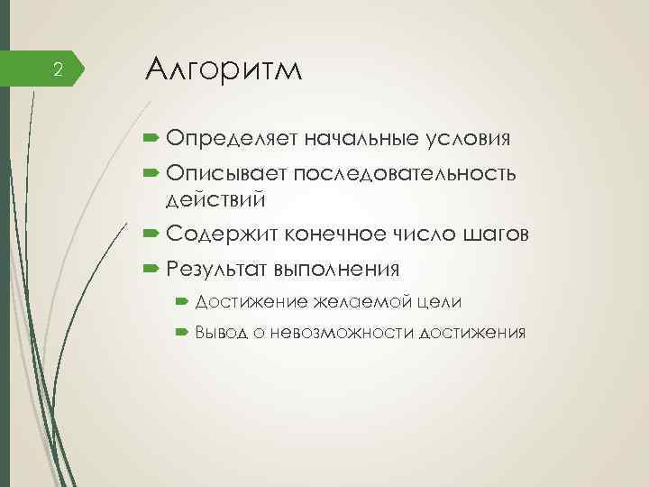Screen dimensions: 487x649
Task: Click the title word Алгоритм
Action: tap(224, 69)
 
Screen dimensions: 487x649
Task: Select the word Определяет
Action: tap(231, 140)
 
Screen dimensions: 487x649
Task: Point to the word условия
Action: tap(469, 140)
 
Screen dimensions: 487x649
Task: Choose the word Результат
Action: tap(215, 269)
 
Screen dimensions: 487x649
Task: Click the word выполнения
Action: tap(337, 269)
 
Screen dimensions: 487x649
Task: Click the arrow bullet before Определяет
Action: tap(151, 140)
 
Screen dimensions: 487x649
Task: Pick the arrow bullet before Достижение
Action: tap(181, 300)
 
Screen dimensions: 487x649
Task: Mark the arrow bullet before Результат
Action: tap(151, 269)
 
